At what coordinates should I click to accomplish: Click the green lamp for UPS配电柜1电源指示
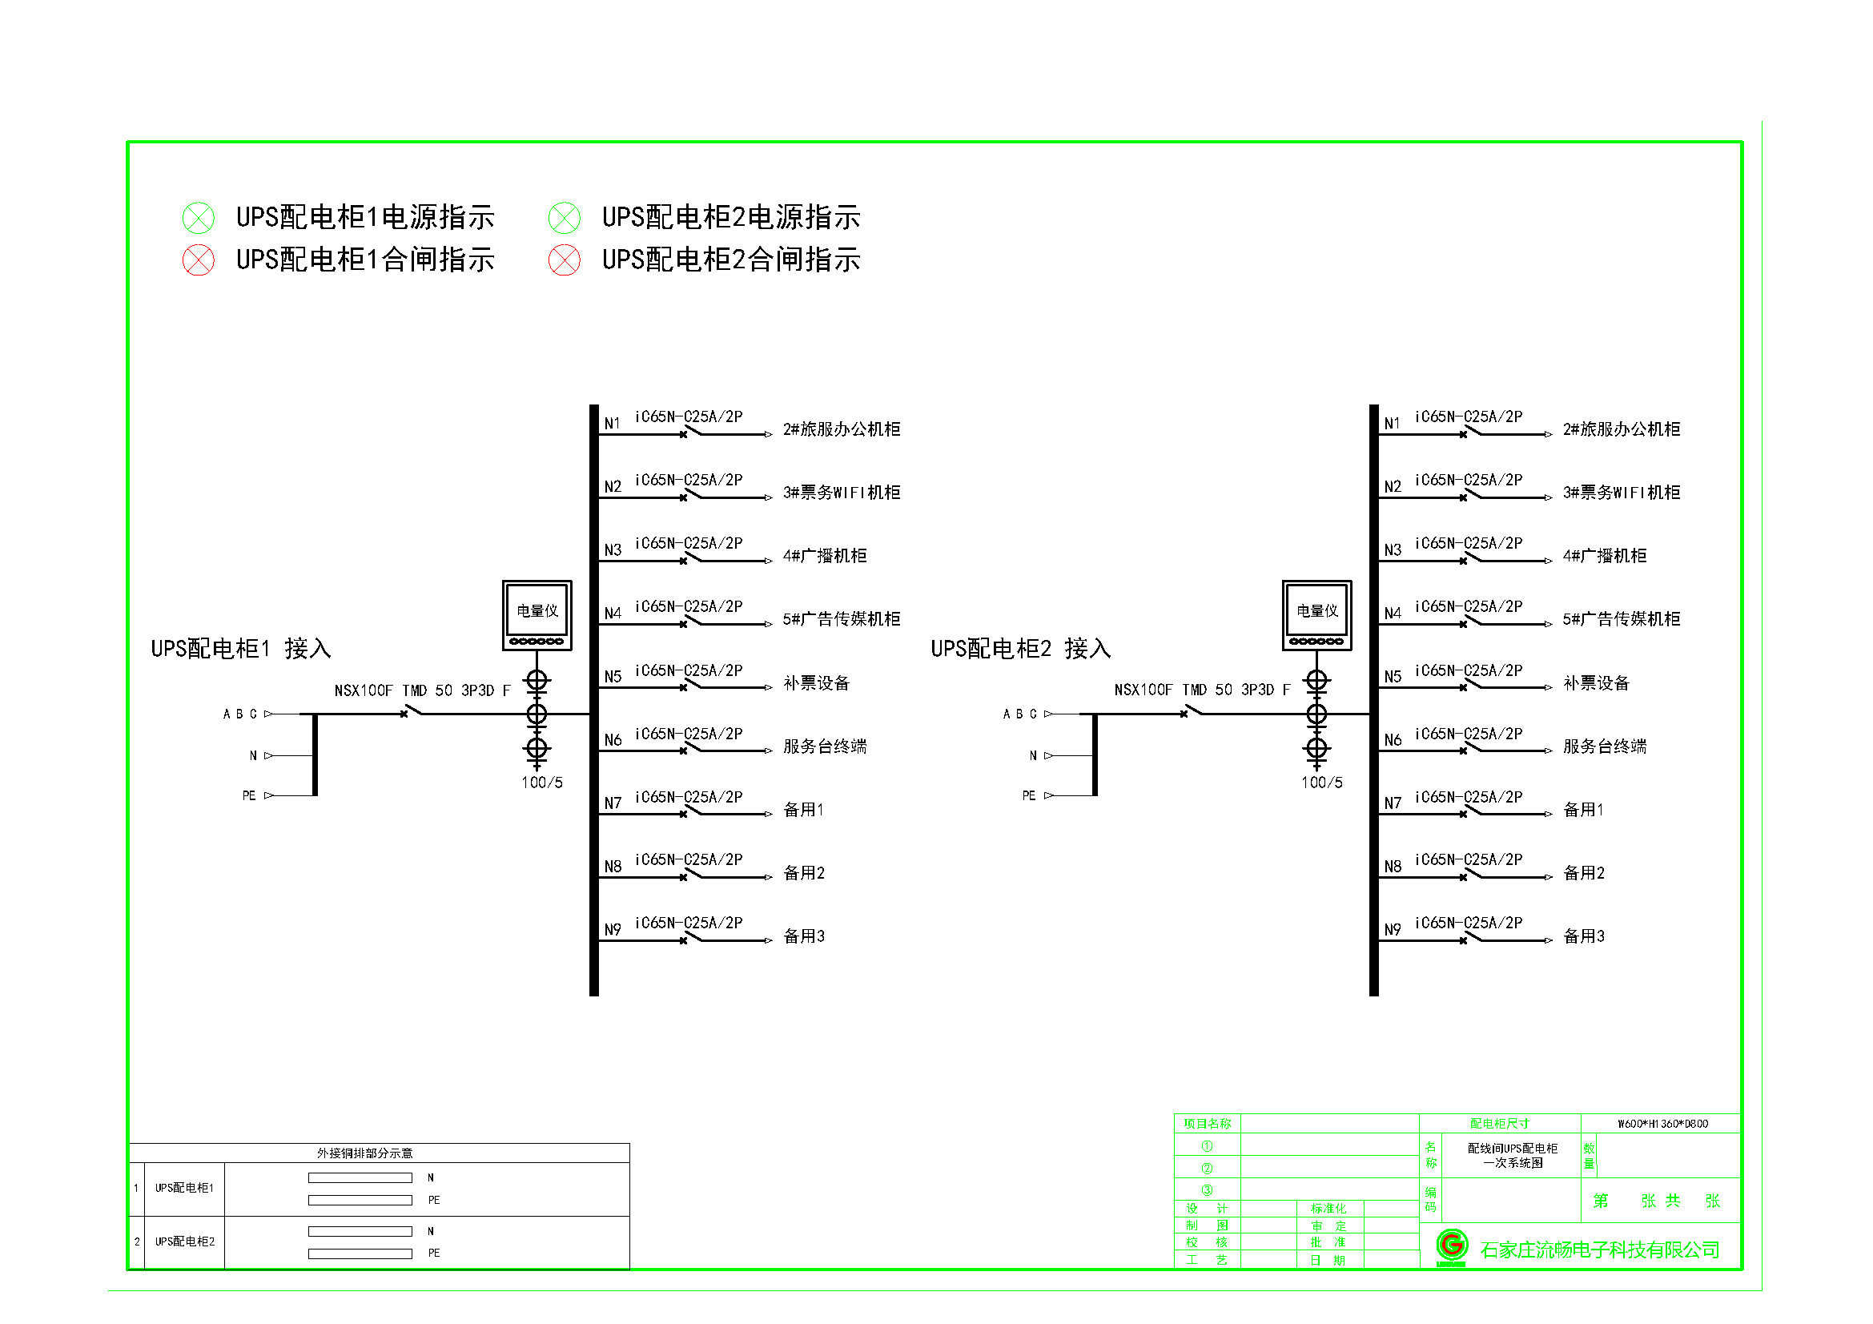[x=199, y=218]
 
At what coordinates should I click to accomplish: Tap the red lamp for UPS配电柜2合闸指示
[x=564, y=260]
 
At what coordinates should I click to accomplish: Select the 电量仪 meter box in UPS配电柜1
[x=537, y=615]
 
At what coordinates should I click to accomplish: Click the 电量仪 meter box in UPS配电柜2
[x=1316, y=615]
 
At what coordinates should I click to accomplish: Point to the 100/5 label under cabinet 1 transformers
[x=541, y=783]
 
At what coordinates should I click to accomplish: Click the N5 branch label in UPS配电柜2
[x=1392, y=676]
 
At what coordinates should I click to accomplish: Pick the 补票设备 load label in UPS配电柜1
[x=816, y=682]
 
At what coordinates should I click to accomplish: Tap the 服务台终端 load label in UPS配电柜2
[x=1604, y=747]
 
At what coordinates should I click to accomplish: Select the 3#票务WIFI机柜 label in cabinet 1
[x=841, y=492]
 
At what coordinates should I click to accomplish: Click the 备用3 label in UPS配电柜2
[x=1582, y=936]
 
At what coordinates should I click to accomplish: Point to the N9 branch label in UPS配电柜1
[x=613, y=929]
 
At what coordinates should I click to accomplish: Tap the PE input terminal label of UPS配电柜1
[x=249, y=795]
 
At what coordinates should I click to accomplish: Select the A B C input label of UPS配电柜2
[x=1019, y=714]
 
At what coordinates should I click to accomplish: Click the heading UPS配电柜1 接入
[x=241, y=649]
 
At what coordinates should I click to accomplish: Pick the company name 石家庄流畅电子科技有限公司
[x=1599, y=1250]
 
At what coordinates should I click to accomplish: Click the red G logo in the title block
[x=1451, y=1246]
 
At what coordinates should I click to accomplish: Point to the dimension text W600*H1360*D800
[x=1662, y=1123]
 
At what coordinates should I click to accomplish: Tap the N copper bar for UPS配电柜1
[x=360, y=1177]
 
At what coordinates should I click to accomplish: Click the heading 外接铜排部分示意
[x=364, y=1153]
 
